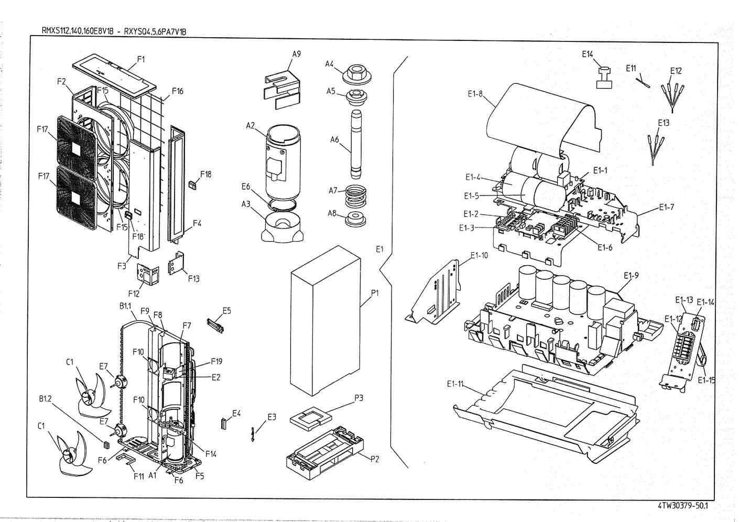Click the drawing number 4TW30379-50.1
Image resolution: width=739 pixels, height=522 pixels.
click(x=681, y=506)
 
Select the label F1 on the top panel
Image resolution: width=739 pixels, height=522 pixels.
click(x=140, y=59)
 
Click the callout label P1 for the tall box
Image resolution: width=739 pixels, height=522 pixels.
click(x=375, y=293)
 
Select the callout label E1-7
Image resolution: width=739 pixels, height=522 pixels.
click(x=666, y=206)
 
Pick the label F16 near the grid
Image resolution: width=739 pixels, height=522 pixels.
click(x=177, y=92)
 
